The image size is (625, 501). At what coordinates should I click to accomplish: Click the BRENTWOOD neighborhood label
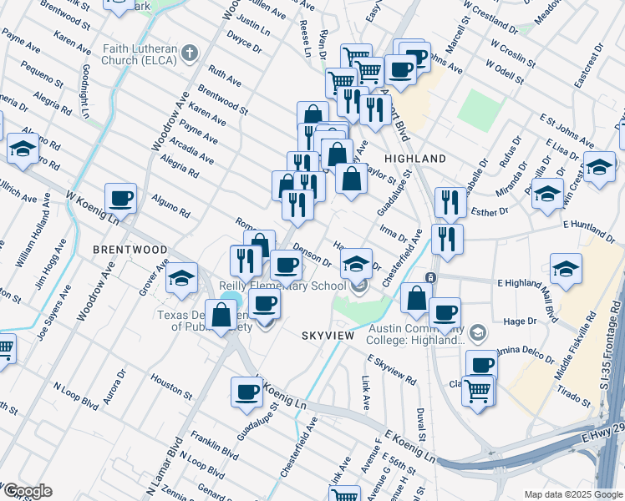(x=130, y=250)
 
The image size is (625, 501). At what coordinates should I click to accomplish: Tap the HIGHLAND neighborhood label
(x=414, y=159)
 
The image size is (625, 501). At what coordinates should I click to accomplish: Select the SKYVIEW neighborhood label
(x=329, y=335)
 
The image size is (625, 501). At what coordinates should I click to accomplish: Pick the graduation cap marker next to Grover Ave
(x=180, y=280)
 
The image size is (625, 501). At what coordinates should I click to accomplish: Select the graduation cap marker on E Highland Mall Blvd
(x=567, y=270)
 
